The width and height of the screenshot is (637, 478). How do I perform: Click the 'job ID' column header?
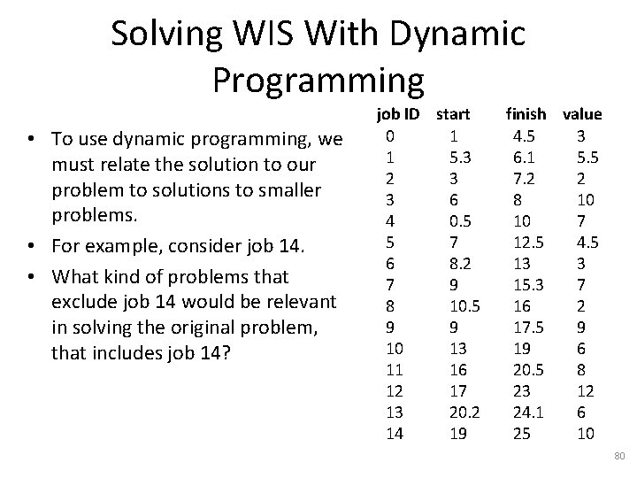(398, 114)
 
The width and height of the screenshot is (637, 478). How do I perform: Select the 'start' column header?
(453, 114)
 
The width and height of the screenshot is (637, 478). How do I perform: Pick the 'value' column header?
(582, 114)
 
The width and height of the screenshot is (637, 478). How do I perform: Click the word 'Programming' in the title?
(318, 79)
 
